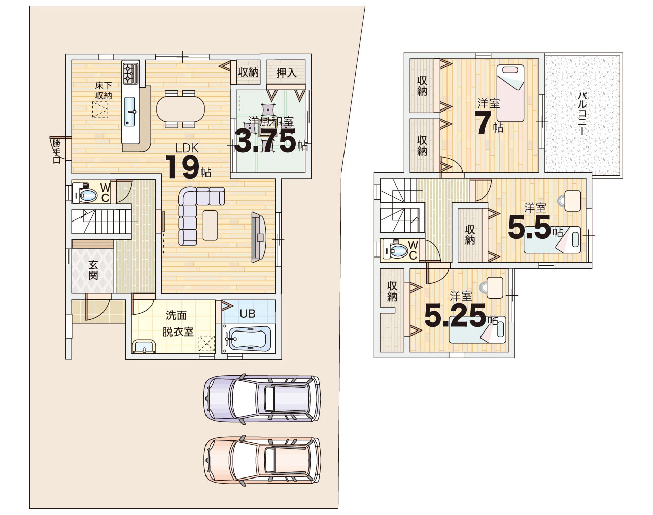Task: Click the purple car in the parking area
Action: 262,398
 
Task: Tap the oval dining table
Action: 181,109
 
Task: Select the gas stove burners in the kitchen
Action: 130,73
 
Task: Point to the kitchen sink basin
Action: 130,112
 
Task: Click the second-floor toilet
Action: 396,249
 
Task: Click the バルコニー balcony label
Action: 581,113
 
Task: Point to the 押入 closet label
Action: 286,73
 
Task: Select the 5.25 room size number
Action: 455,316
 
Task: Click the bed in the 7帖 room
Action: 510,93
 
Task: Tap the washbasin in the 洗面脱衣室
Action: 144,347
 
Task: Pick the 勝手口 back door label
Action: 57,151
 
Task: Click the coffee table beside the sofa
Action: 210,225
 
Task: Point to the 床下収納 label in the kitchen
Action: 104,90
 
